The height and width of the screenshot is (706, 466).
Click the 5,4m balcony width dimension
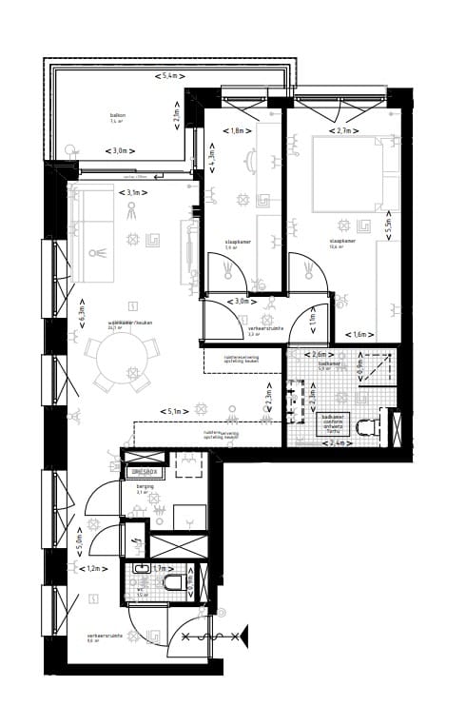point(167,74)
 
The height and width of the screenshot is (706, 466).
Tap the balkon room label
point(116,115)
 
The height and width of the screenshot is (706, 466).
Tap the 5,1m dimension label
point(174,411)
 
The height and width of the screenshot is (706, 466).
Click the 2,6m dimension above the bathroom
point(321,355)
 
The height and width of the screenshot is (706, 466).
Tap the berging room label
point(144,485)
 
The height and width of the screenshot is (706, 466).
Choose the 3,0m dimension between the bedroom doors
point(243,302)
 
